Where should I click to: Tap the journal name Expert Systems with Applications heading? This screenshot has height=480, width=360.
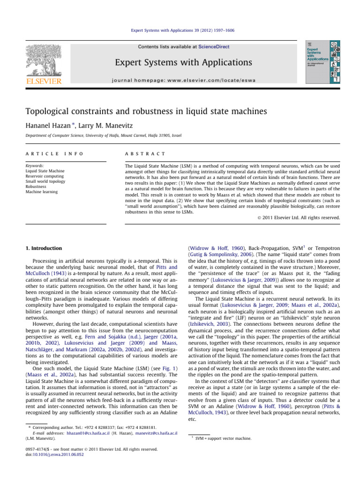(180, 62)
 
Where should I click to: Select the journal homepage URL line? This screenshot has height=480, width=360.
(180, 79)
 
